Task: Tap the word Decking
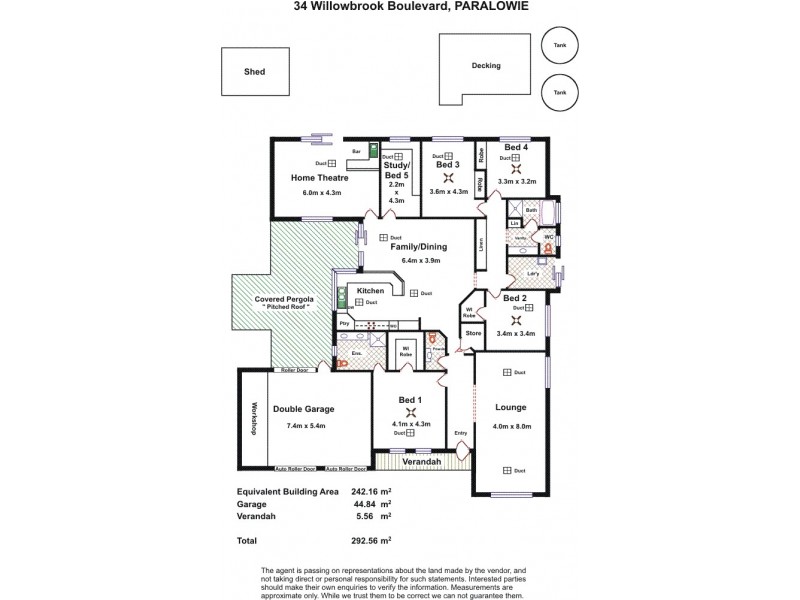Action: tap(486, 66)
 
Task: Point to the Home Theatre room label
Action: tap(318, 178)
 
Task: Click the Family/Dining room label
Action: tap(418, 246)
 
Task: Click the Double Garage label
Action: tap(304, 409)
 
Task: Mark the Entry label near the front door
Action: tap(461, 433)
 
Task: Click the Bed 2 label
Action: tap(515, 298)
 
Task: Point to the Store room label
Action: tap(473, 332)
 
